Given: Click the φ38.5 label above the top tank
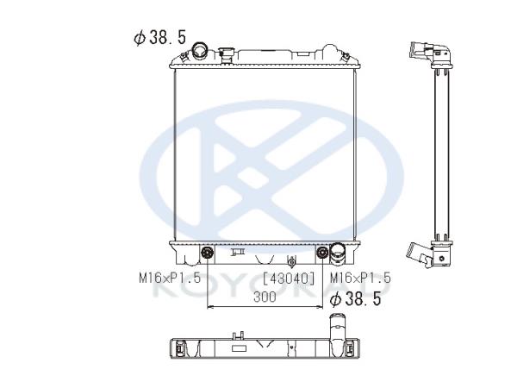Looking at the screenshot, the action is coord(160,37).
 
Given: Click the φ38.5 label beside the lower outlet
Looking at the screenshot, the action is coord(355,299).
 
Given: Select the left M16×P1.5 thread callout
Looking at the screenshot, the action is coord(170,278).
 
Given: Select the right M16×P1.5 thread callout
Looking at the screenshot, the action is coord(360,278).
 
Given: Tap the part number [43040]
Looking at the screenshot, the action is coord(289,278).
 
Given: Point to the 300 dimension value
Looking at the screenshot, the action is coord(265,297).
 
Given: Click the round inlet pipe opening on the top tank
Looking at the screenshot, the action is coord(200,51).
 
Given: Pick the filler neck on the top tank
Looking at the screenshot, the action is coord(226,56).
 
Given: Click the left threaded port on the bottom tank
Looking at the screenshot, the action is coord(208,253).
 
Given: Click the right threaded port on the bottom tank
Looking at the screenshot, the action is coord(322,253).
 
